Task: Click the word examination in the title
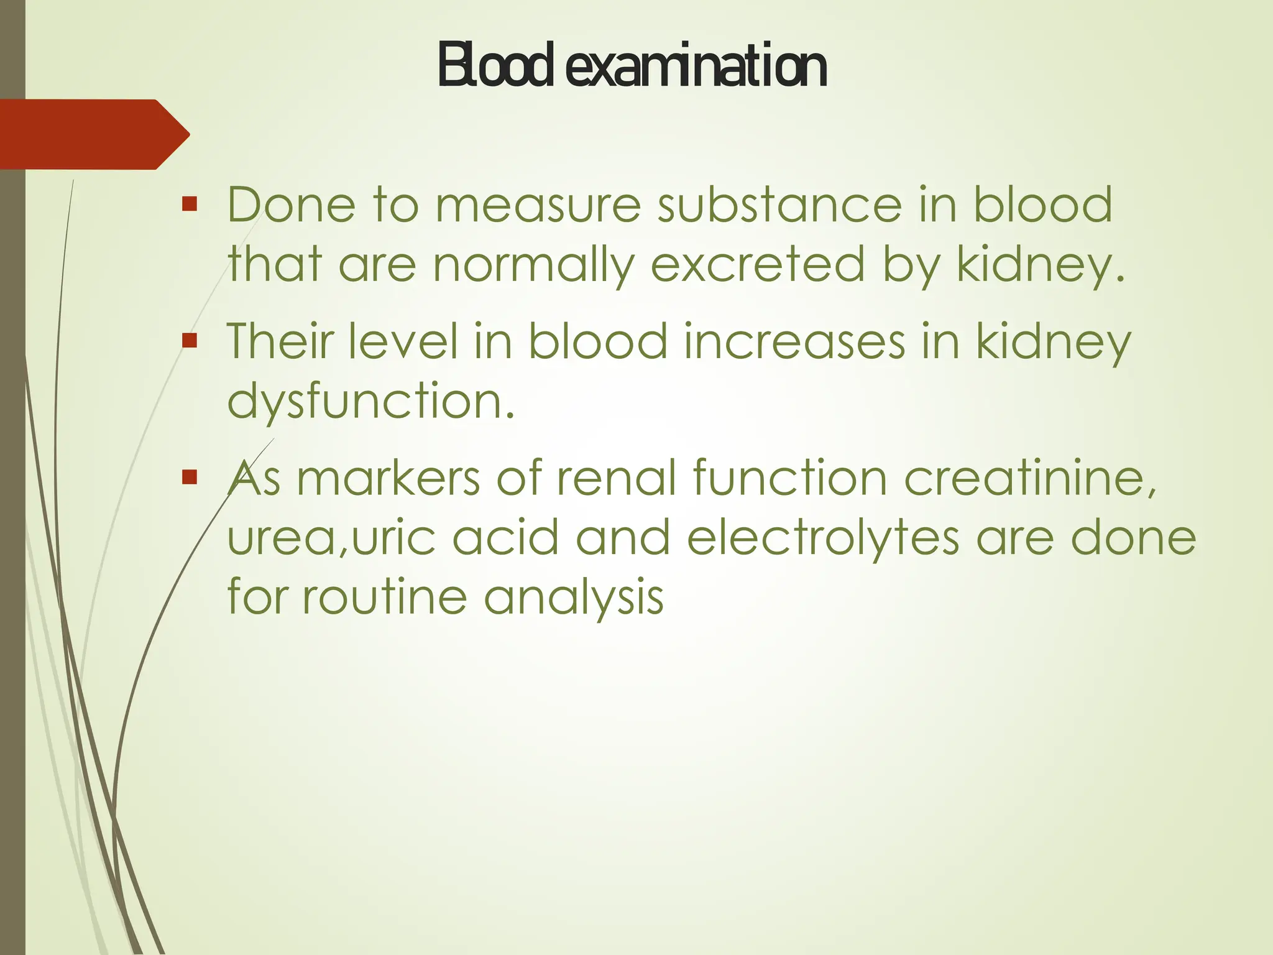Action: coord(696,66)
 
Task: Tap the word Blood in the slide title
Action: coord(495,66)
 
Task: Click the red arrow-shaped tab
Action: coord(93,134)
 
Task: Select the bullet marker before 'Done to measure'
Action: coord(190,203)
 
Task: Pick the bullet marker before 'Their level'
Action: coord(190,340)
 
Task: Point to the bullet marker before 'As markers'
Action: coord(190,477)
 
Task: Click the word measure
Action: coord(538,205)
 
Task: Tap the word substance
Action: coord(780,205)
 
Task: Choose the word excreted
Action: coord(758,265)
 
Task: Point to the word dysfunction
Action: coord(370,401)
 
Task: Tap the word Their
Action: coord(280,342)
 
